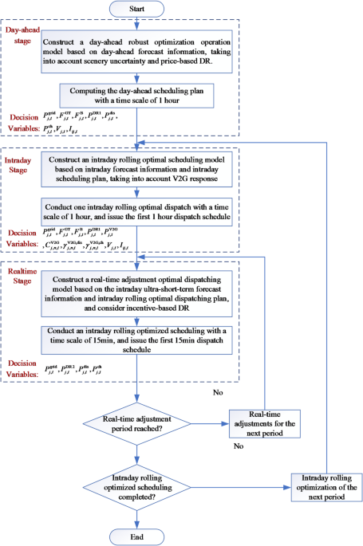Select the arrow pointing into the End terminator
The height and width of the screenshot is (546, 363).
139,518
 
